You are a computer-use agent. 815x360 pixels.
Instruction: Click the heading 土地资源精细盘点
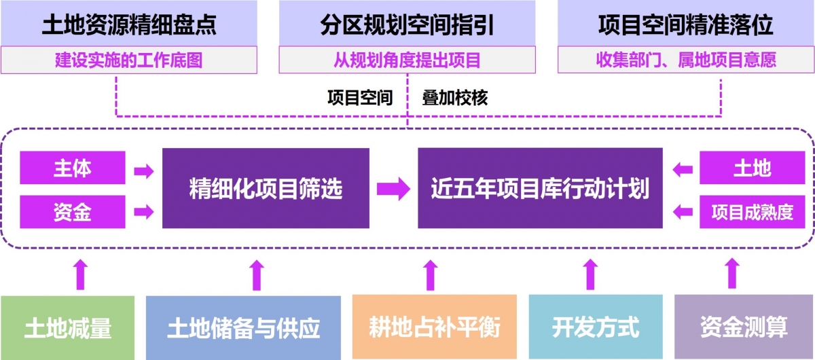coord(129,25)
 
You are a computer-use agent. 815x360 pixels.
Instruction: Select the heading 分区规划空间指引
coord(407,25)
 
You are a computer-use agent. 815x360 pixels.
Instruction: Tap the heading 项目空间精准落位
coord(686,25)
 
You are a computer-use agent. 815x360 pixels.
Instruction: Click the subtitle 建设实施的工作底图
coord(129,60)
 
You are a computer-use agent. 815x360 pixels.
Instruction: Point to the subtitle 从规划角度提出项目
coord(407,60)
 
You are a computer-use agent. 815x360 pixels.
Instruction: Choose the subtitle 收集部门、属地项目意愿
coord(686,60)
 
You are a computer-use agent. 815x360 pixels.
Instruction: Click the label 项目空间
coord(360,98)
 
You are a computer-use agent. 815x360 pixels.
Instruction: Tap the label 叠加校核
coord(455,98)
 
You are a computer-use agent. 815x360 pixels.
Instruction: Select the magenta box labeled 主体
coord(73,168)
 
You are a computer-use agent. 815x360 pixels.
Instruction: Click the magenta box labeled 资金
coord(73,212)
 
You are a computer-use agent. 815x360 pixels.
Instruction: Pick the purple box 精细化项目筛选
coord(266,188)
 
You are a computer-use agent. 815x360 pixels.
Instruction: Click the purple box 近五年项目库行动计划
coord(540,188)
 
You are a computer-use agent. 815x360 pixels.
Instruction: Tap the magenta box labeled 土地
coord(752,168)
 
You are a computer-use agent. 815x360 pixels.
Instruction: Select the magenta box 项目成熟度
coord(752,212)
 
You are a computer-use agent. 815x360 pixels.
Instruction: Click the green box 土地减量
coord(68,327)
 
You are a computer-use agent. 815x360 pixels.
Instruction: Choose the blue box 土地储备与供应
coord(243,327)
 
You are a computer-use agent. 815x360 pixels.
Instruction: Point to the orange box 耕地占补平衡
coord(434,327)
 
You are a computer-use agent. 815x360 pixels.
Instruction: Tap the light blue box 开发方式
coord(596,327)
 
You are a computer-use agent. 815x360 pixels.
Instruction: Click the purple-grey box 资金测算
coord(744,327)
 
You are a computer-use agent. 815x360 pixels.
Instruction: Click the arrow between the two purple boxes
coord(393,188)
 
